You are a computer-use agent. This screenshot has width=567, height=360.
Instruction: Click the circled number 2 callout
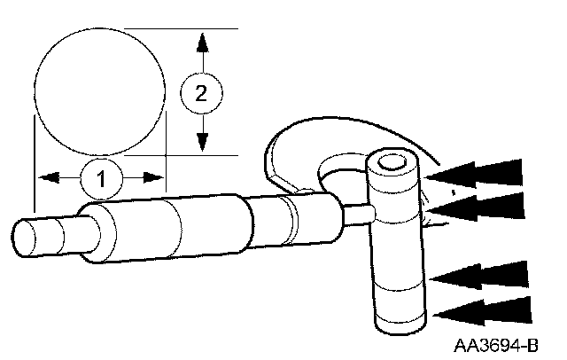point(202,90)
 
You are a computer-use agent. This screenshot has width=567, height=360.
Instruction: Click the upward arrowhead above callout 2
point(203,43)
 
